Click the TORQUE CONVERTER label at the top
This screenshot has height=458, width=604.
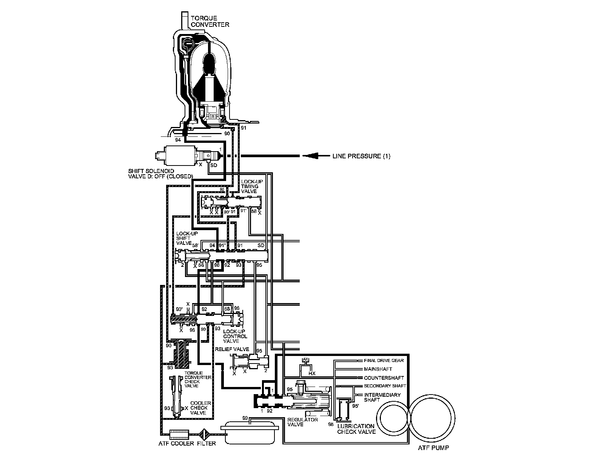210,21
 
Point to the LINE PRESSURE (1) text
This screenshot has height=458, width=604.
361,156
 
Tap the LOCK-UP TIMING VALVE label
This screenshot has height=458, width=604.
250,186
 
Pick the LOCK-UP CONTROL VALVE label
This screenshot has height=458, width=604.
235,336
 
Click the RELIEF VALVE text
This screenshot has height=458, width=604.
232,349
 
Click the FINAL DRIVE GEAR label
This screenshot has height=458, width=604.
384,361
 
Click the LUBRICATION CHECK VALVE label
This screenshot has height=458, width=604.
356,429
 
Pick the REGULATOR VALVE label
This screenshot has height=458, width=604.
302,422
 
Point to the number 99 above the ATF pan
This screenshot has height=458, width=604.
245,418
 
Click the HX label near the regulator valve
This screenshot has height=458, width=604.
312,373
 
